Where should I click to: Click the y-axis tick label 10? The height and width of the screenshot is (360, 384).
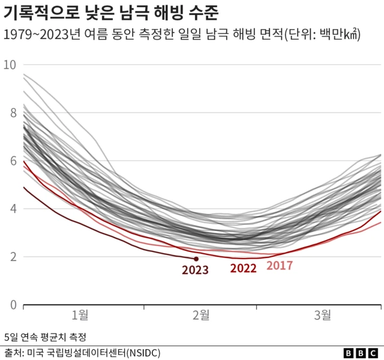[10, 65]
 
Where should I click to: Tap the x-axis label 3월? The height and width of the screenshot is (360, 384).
[322, 314]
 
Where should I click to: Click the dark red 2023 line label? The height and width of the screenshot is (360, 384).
[195, 270]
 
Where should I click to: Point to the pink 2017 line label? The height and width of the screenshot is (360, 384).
[280, 265]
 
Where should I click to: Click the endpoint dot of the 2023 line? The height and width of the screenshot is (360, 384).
[196, 259]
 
